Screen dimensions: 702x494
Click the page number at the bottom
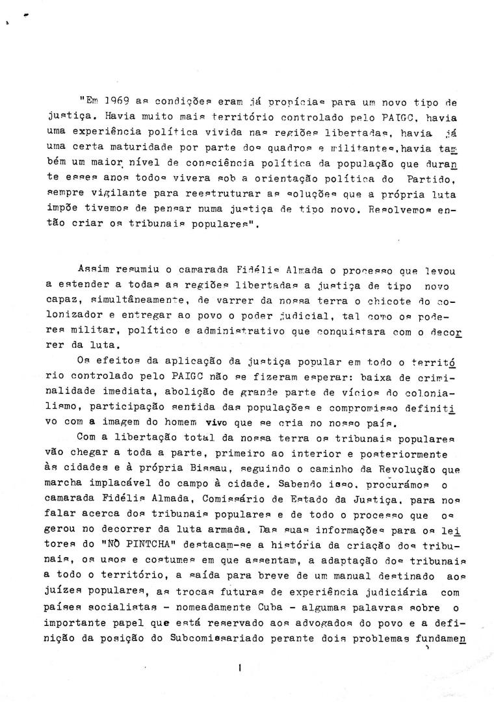coord(240,666)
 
